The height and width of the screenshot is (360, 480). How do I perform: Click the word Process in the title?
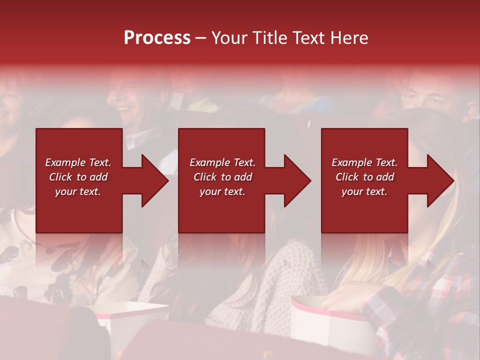pos(157,38)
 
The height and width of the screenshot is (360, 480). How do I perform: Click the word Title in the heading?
pos(268,38)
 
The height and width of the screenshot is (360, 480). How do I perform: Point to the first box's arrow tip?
pos(167,180)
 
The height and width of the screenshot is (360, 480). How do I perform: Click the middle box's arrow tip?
pos(310,180)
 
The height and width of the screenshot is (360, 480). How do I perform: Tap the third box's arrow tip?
pos(453,180)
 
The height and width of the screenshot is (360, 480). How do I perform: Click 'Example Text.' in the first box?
pos(78,162)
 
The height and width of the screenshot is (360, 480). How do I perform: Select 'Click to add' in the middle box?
pos(222,177)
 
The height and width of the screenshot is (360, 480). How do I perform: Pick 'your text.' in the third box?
pos(364,191)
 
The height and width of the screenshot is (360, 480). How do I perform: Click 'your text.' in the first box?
pos(78,191)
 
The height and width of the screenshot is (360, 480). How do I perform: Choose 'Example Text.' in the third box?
pos(364,162)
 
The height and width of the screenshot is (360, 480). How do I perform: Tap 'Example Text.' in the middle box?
pos(222,162)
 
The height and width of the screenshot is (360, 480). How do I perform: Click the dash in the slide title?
pos(200,38)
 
